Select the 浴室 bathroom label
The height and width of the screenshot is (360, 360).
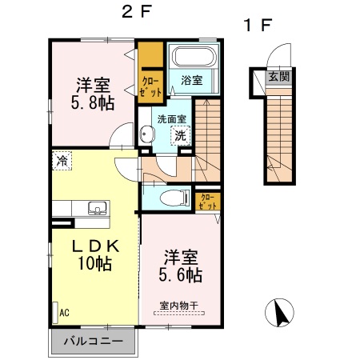(x=190, y=80)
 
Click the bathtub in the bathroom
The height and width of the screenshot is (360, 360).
(x=191, y=58)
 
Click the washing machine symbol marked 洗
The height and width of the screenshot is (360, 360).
(x=181, y=136)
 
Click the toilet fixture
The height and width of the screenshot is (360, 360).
(x=170, y=198)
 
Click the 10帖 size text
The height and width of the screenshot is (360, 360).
(x=94, y=264)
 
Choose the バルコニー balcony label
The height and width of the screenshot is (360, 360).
(x=94, y=341)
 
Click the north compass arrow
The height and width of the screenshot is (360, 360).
(x=280, y=312)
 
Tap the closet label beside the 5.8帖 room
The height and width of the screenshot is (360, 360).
(x=151, y=86)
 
